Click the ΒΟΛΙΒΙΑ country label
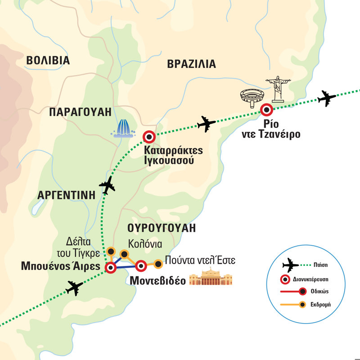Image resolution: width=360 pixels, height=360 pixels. point(48,61)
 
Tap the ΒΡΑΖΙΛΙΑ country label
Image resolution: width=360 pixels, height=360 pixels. point(191,64)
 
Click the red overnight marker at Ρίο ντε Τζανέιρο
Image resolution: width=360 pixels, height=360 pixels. point(266,109)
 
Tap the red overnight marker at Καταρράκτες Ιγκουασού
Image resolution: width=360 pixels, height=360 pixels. point(149,136)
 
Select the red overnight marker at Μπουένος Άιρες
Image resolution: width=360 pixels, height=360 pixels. point(110,269)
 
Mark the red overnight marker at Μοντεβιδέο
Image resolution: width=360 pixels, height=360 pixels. point(141,266)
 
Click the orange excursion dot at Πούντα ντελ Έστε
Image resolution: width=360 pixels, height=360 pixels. point(158,263)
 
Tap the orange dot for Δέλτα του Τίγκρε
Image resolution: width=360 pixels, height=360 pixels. point(111,251)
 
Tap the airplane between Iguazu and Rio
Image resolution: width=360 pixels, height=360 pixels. point(207,124)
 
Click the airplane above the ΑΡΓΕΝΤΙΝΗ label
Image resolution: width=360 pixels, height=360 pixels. point(107,185)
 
